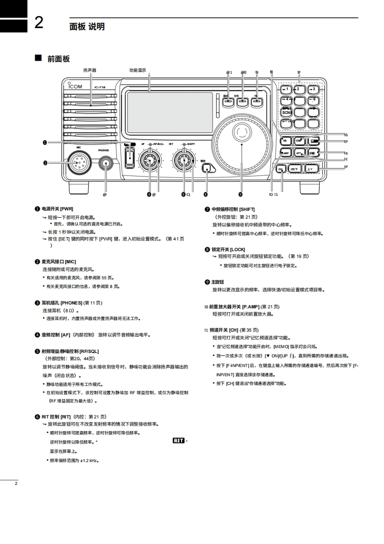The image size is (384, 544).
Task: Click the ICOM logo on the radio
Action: pyautogui.click(x=75, y=87)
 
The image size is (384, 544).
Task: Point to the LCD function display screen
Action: pyautogui.click(x=169, y=112)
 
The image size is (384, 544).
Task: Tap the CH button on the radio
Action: pyautogui.click(x=281, y=169)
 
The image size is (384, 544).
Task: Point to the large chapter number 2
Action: pyautogui.click(x=39, y=23)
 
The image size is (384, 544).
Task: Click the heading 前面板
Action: pyautogui.click(x=58, y=59)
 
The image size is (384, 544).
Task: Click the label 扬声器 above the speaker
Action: pyautogui.click(x=90, y=70)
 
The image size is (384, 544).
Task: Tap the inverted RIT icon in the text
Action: pyautogui.click(x=178, y=440)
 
